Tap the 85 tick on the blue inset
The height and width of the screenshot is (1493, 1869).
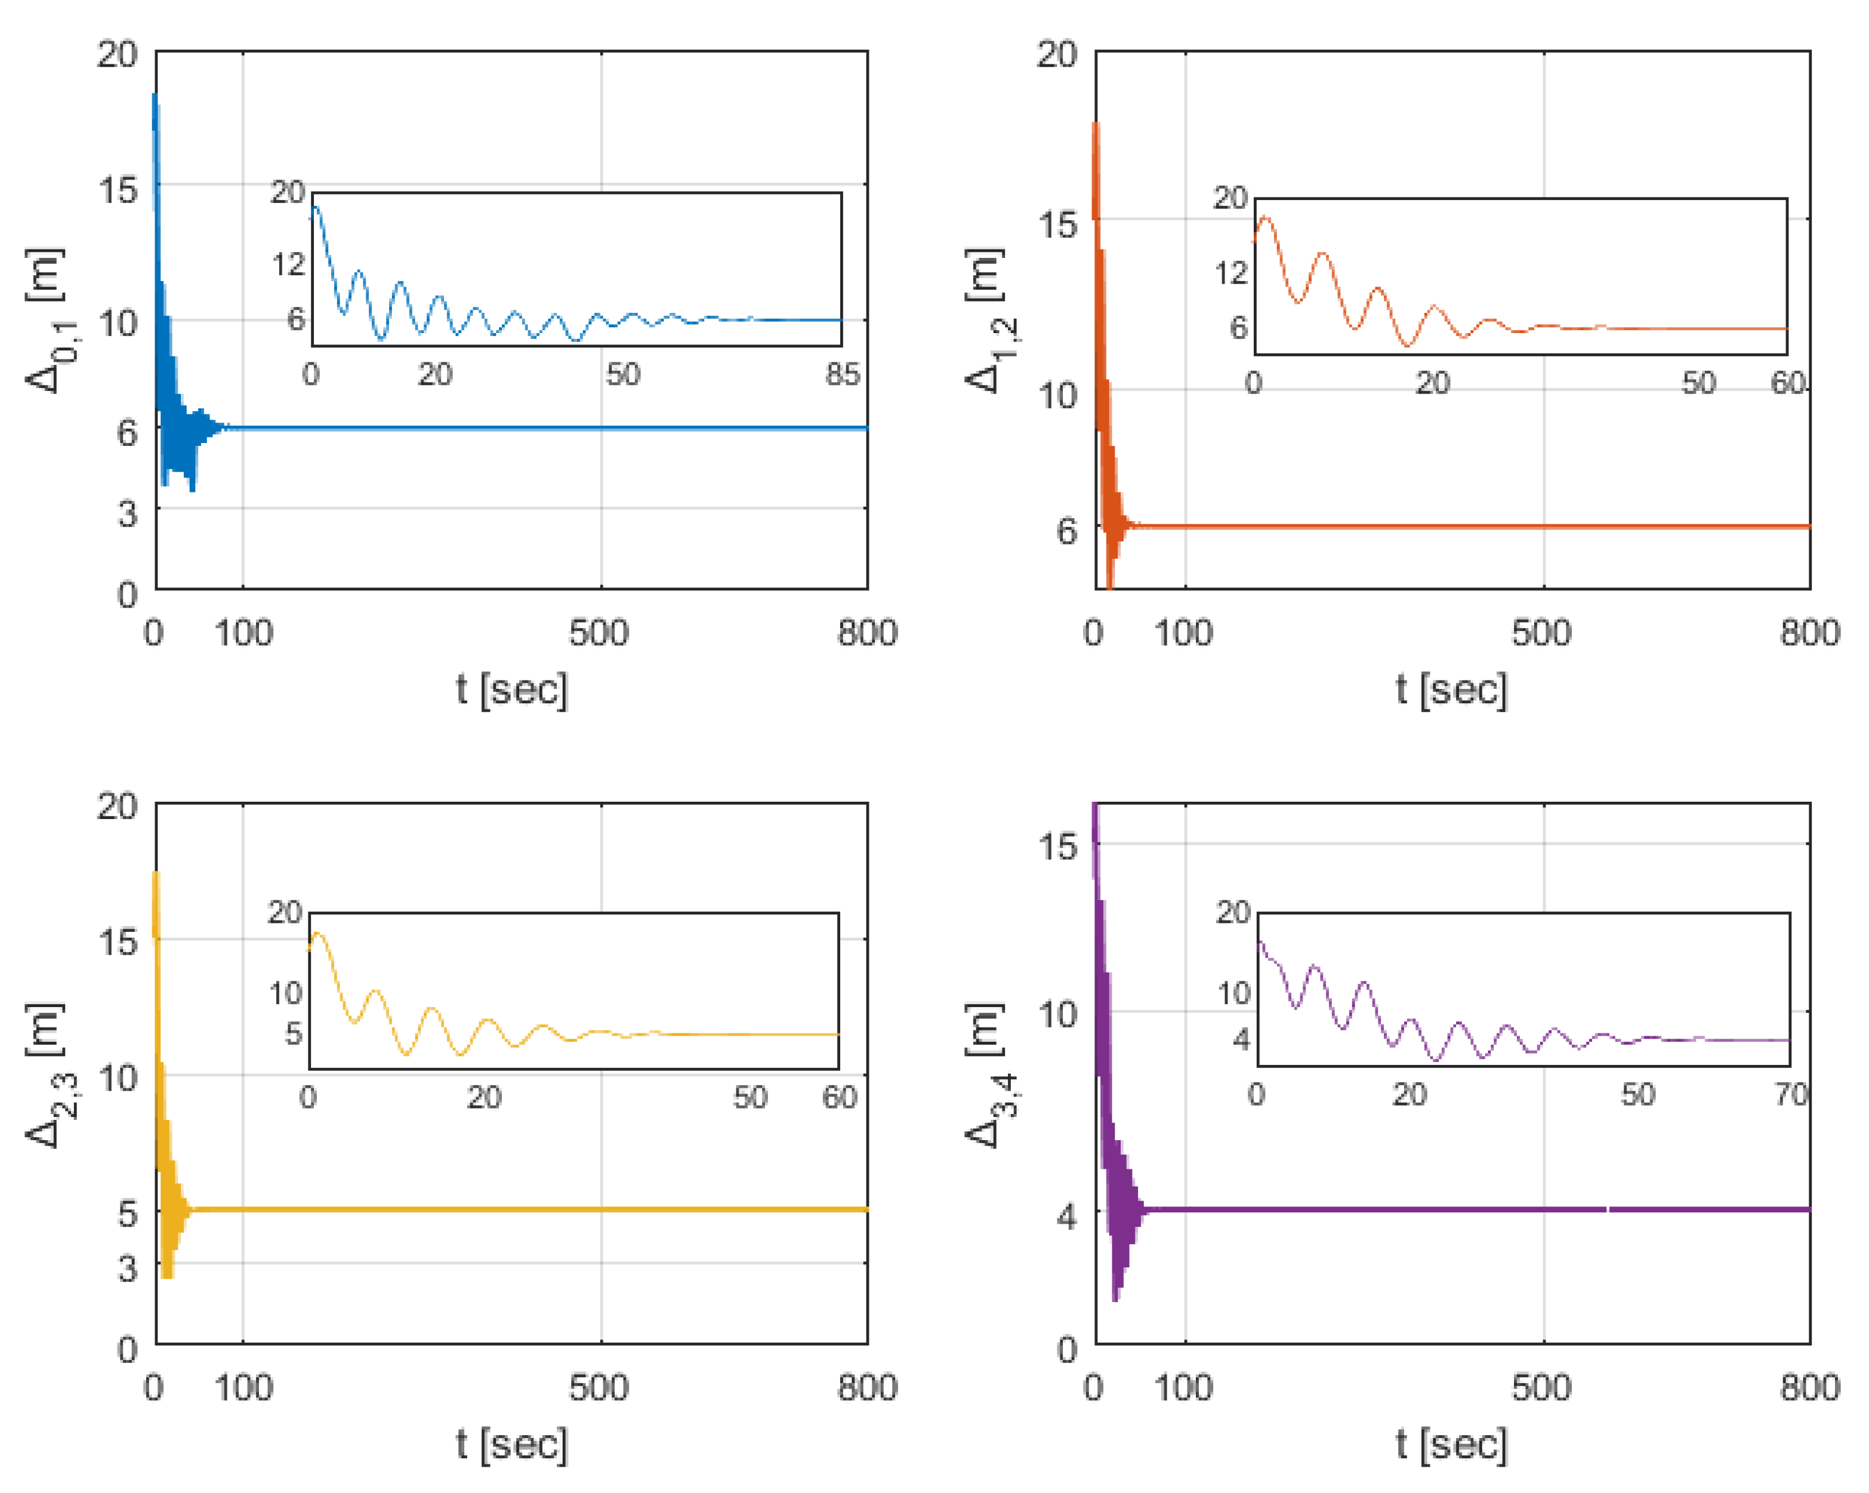(843, 374)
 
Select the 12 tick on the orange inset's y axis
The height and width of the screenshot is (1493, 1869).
(1230, 273)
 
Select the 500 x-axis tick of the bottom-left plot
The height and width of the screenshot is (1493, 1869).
(598, 1388)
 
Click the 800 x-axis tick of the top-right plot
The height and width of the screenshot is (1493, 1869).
(1810, 633)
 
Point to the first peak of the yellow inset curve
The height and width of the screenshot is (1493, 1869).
(317, 934)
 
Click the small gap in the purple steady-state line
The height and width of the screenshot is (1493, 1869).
(1608, 1209)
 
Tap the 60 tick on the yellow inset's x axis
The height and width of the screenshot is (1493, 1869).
(839, 1098)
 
